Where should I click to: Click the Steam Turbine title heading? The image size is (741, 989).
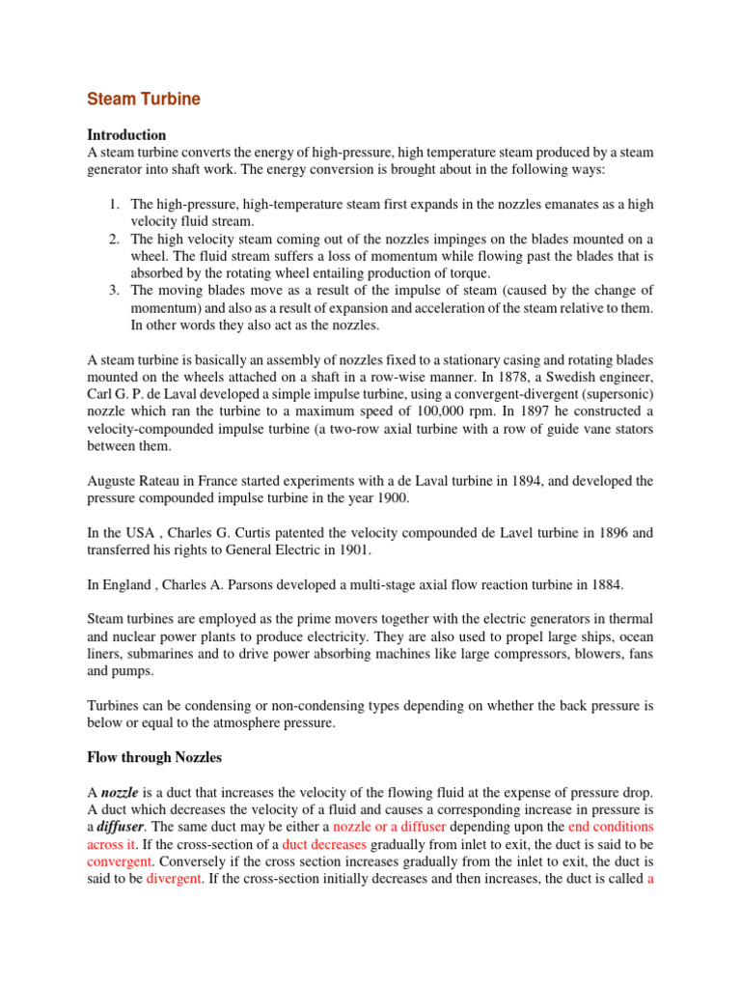point(144,99)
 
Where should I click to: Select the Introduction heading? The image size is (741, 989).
point(126,134)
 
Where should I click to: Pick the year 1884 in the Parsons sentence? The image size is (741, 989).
point(606,583)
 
